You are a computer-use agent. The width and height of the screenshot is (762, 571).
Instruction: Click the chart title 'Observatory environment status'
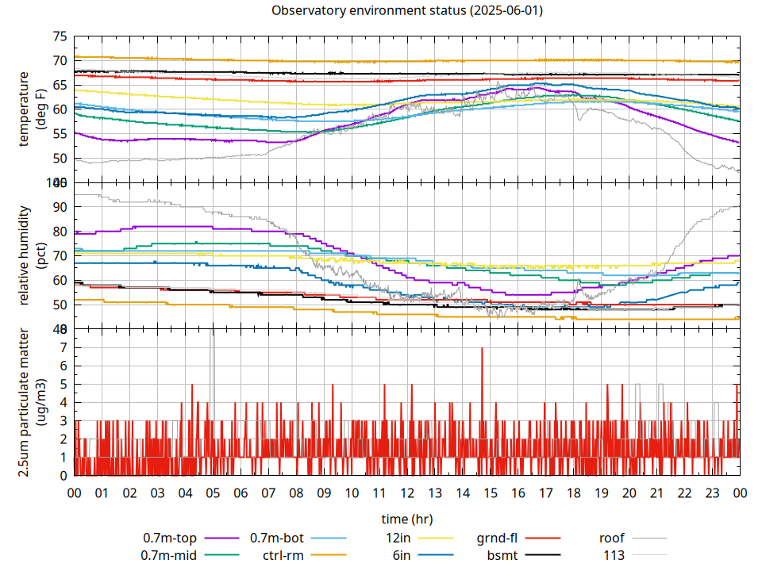coord(407,10)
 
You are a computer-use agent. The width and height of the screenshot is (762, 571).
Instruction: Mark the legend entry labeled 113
coord(614,555)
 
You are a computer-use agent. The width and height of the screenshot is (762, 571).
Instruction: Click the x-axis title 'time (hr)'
coord(407,519)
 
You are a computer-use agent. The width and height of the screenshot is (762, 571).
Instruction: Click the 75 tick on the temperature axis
coord(60,36)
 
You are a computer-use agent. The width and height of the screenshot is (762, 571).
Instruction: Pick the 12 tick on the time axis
coord(407,492)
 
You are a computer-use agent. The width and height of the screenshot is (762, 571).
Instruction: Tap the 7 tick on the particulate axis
coord(64,347)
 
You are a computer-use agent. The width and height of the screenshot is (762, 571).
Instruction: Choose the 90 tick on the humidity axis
coord(60,207)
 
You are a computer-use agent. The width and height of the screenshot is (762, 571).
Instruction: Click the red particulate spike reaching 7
coord(482,349)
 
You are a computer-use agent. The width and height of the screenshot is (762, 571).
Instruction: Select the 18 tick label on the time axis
coord(574,492)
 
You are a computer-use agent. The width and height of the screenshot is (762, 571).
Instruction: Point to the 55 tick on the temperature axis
coord(60,134)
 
